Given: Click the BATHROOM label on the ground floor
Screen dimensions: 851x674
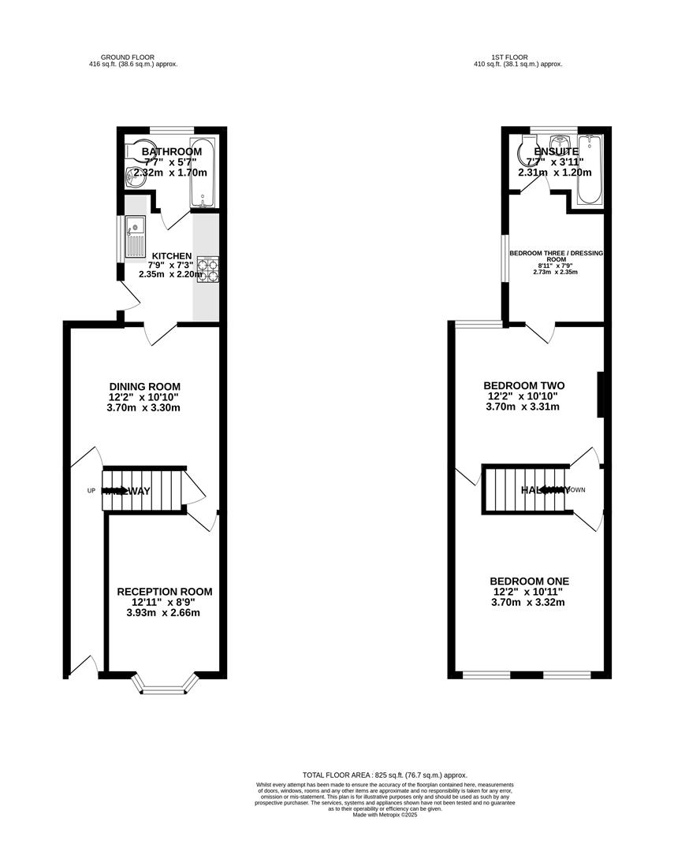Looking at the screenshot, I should (x=172, y=151).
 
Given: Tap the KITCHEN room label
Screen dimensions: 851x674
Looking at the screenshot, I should (x=171, y=256).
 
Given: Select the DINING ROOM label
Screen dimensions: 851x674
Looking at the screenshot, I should (x=150, y=386).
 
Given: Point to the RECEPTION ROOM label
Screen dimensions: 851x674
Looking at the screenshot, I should (x=165, y=592).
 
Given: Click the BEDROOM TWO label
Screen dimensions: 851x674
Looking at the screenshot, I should (x=523, y=385).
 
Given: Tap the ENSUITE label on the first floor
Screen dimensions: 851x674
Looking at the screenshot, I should (x=556, y=151).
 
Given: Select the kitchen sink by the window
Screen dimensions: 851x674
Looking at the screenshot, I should (x=134, y=235).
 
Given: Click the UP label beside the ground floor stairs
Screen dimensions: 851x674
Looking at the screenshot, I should (x=91, y=490).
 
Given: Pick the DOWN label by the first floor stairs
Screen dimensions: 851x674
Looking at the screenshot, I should (x=577, y=489).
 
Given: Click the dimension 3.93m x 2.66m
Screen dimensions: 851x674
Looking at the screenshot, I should (x=165, y=612).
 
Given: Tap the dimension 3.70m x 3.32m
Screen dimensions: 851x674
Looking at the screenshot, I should (x=527, y=602).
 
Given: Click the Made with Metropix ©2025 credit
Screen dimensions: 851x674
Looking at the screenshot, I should (x=385, y=815).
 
